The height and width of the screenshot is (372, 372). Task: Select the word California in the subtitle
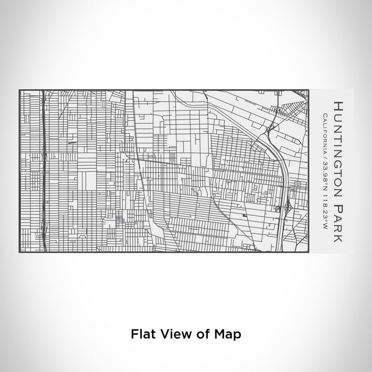coord(324,130)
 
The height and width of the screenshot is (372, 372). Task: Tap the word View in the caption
coord(171,334)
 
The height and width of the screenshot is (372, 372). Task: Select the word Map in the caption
coord(230,334)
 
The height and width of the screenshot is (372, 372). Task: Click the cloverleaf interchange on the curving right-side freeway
coord(288,206)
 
